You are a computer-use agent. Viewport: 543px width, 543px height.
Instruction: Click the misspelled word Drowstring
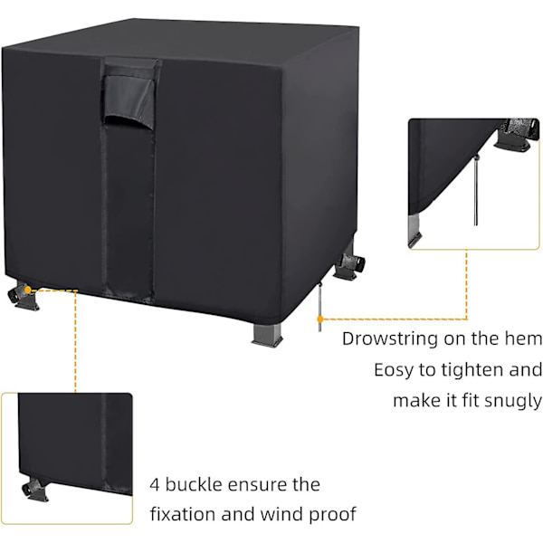pos(390,339)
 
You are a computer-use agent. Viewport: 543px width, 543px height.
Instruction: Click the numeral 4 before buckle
pos(155,485)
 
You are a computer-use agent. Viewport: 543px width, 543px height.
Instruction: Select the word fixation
pos(183,514)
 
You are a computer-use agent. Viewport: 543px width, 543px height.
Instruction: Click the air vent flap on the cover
pos(129,92)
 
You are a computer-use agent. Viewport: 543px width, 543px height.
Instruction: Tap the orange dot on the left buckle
pos(28,290)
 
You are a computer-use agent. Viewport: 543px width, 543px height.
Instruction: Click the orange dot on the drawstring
pos(320,319)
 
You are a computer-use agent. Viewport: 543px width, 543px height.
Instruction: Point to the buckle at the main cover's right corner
pos(348,266)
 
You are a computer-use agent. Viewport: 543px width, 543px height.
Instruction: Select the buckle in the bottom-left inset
pos(35,490)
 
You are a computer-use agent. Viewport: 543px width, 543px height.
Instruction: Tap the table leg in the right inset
pos(414,230)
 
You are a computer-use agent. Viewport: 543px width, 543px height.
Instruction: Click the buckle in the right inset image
pos(518,134)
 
